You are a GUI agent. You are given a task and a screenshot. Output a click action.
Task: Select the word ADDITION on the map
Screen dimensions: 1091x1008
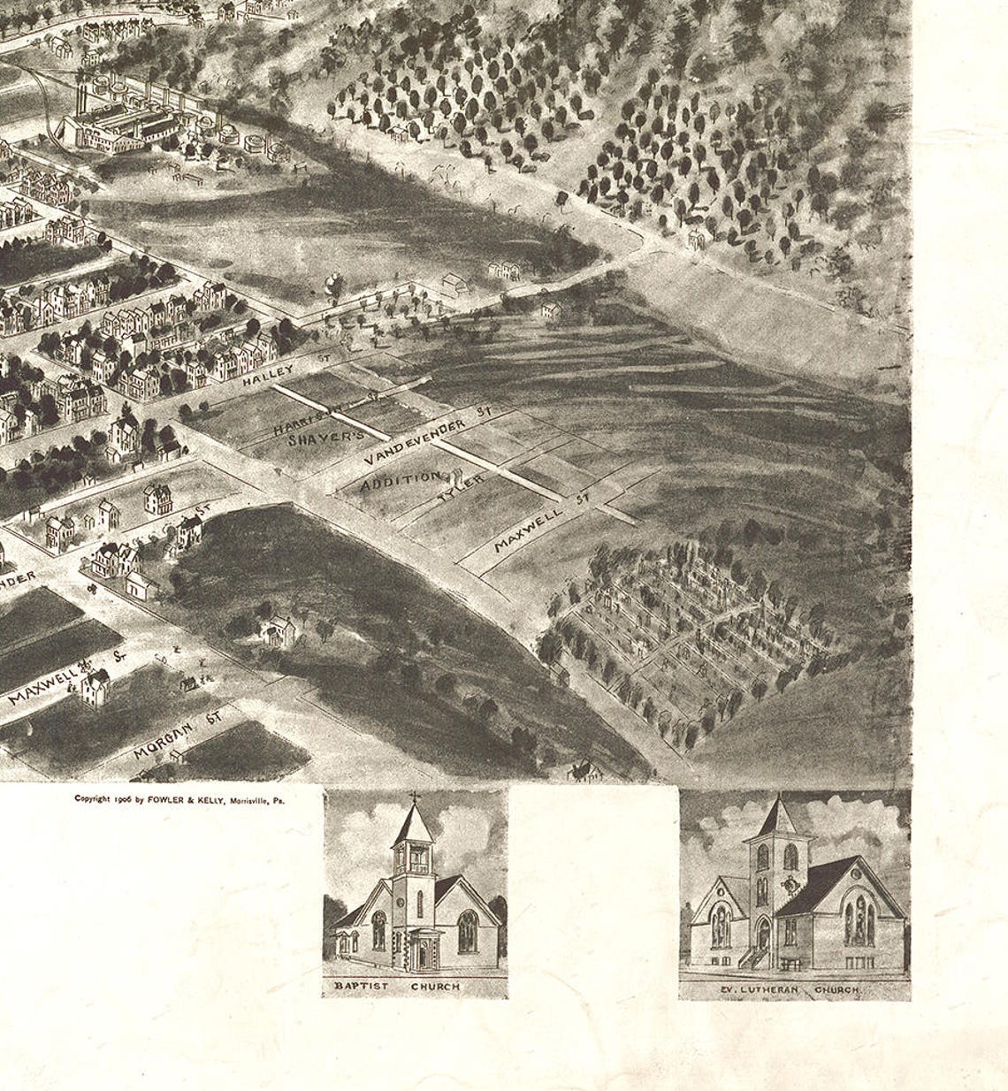(401, 481)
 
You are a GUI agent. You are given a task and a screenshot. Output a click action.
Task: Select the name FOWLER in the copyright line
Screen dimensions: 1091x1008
(169, 798)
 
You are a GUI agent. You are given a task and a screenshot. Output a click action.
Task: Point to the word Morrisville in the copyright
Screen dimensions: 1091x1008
(251, 798)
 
